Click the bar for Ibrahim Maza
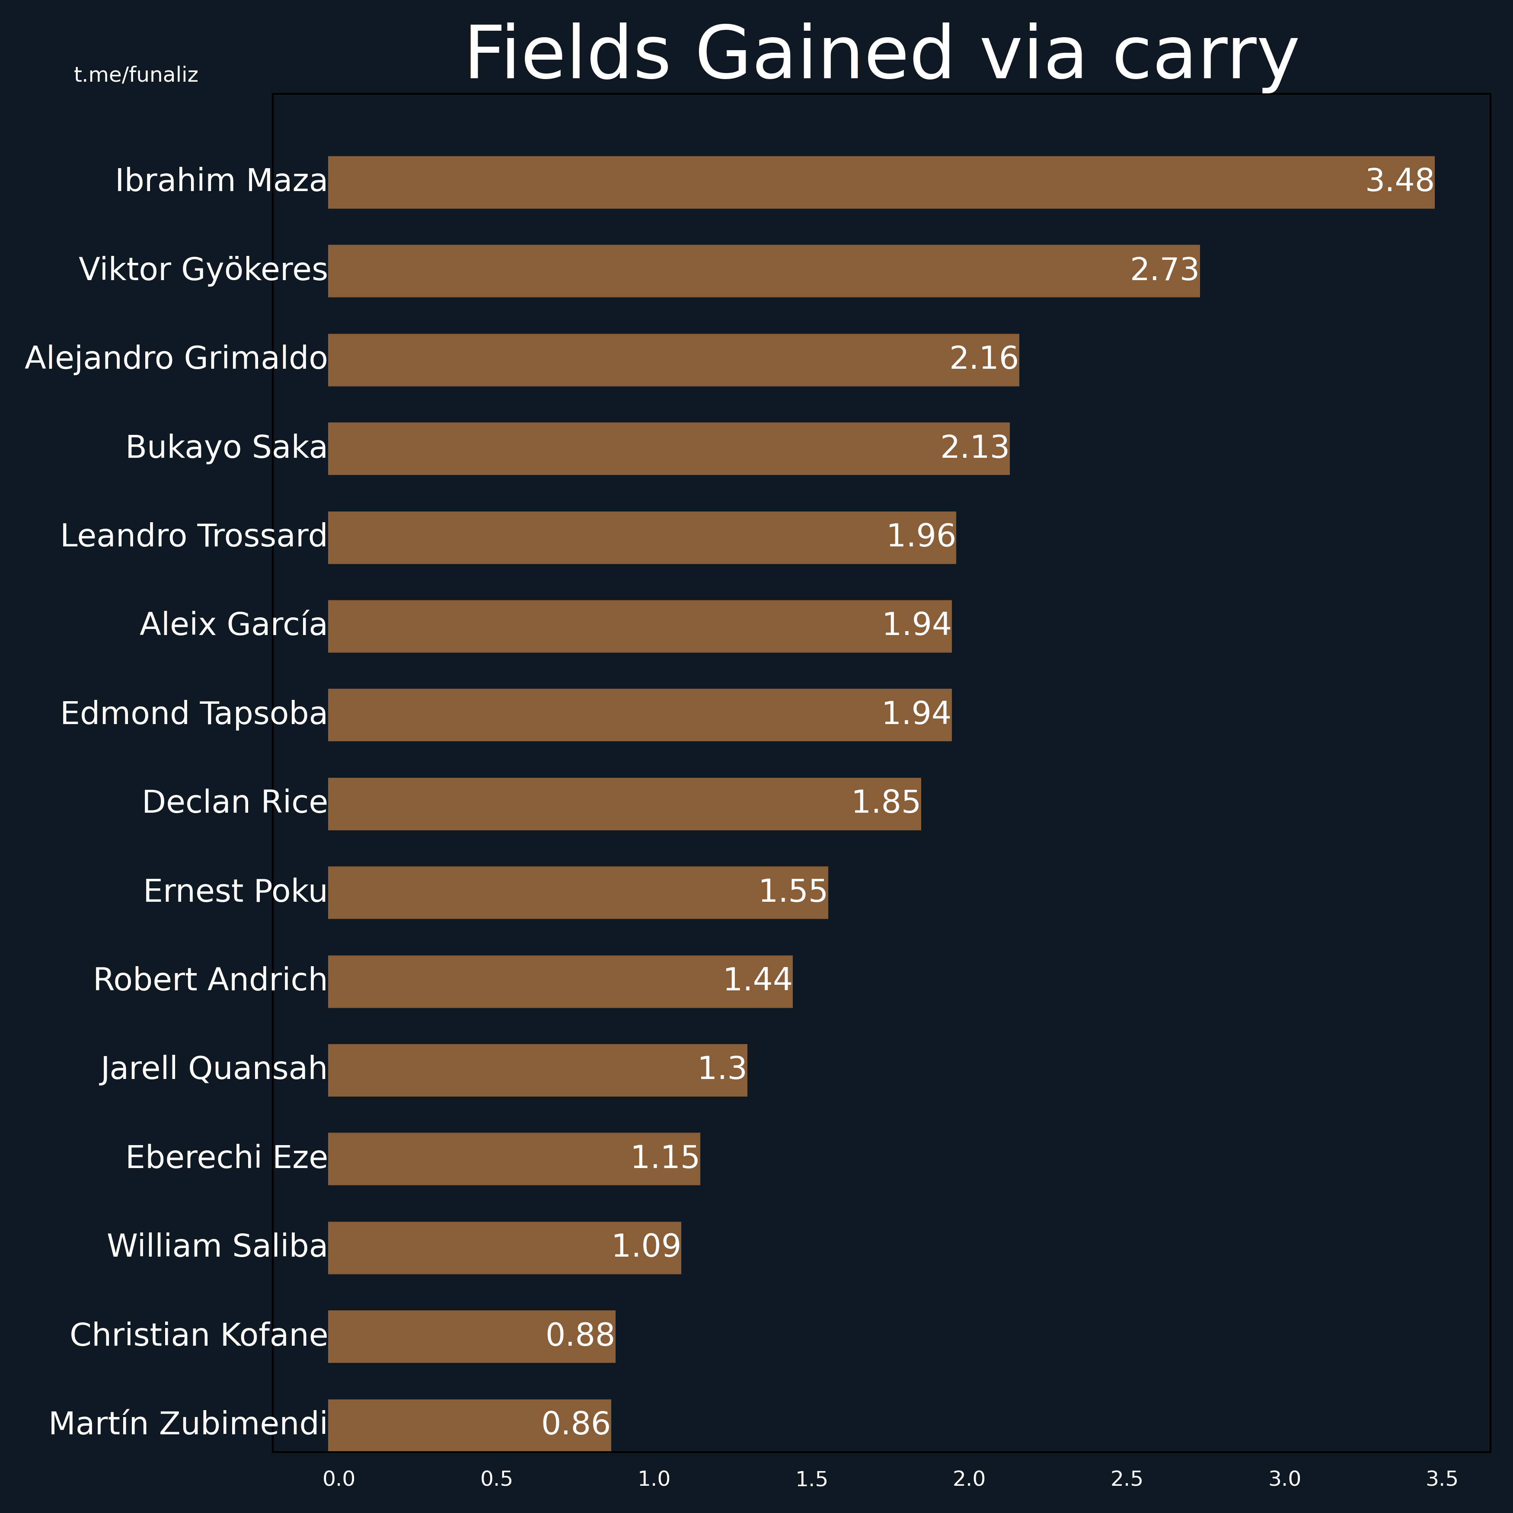[x=881, y=182]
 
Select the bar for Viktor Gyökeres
[x=763, y=271]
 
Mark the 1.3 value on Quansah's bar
[x=722, y=1069]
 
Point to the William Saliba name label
[x=217, y=1246]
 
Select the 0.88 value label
[x=580, y=1335]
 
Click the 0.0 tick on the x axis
[x=339, y=1479]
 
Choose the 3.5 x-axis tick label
[x=1442, y=1479]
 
